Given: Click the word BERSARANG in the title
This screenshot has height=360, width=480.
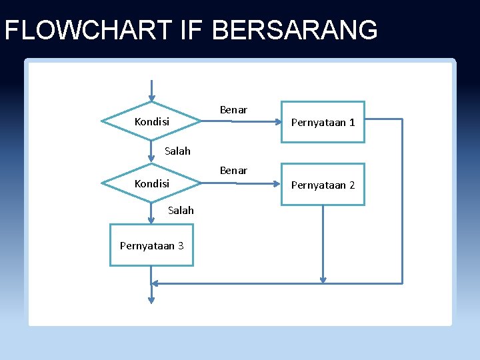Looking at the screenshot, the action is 295,30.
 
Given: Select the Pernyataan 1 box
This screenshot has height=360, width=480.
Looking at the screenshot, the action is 323,122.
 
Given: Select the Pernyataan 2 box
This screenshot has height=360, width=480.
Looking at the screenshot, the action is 323,184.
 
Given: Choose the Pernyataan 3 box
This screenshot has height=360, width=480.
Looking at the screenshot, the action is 151,245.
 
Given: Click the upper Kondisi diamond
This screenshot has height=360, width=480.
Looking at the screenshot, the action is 151,122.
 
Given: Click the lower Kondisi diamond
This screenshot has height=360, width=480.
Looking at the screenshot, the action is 151,183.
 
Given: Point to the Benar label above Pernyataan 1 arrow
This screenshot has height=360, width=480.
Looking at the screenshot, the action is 233,110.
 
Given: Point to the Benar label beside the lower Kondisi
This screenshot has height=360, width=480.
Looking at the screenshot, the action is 233,171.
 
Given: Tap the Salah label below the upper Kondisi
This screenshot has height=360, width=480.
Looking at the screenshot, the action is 177,151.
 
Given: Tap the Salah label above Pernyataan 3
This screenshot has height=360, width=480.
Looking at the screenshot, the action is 181,211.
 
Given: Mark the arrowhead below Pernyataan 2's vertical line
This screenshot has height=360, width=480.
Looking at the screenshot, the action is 323,279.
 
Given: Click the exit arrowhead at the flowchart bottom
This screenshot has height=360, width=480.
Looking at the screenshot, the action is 151,301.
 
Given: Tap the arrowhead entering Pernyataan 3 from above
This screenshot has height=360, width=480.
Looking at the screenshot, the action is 152,220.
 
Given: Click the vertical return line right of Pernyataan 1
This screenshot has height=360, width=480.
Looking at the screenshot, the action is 403,200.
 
